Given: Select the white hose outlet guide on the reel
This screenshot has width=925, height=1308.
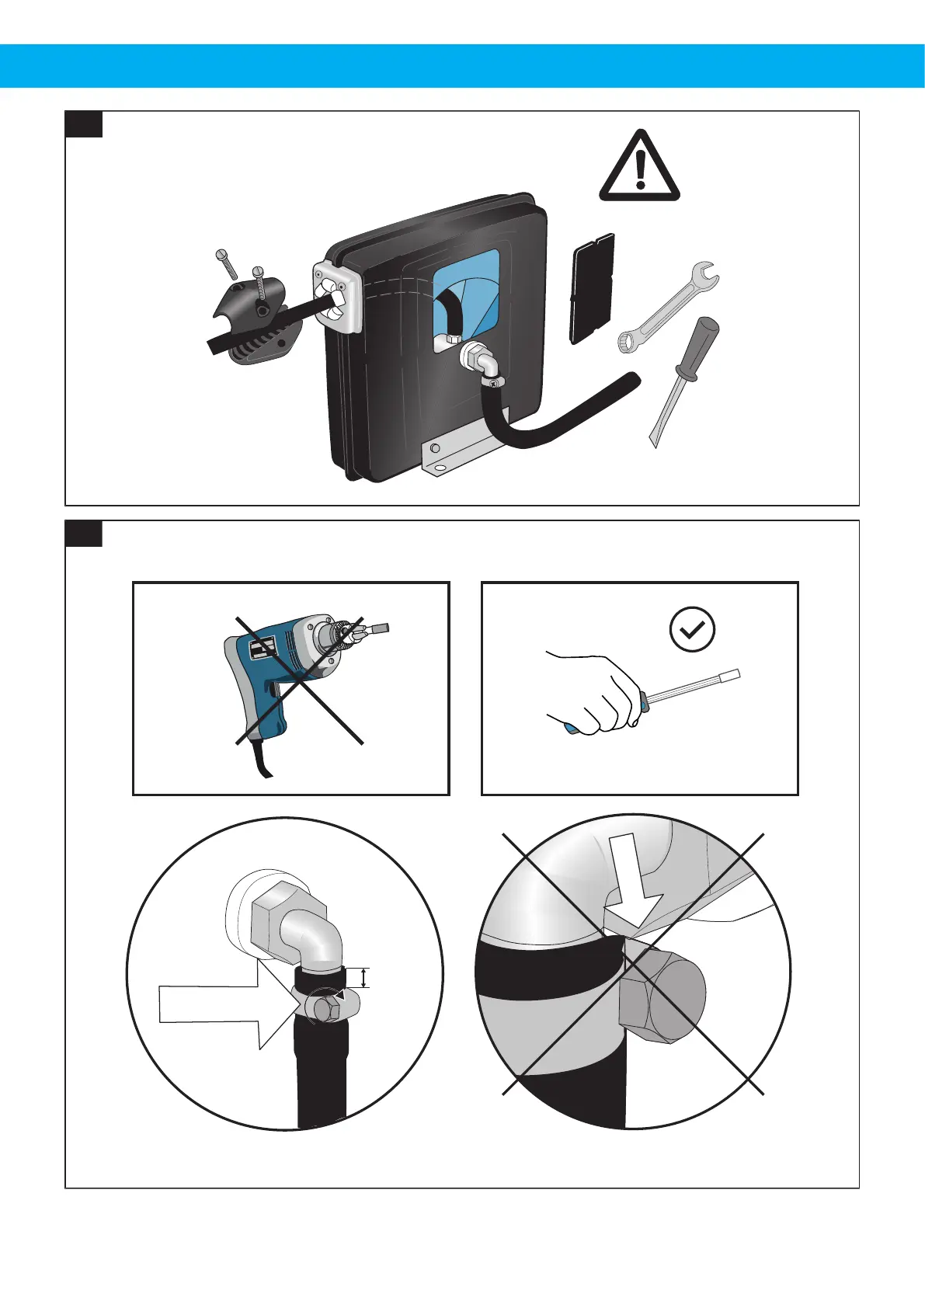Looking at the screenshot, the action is coord(336,297).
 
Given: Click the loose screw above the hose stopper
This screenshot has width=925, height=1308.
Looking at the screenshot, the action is coord(224,262).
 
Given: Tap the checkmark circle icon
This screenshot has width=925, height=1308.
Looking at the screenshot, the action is coord(692,629).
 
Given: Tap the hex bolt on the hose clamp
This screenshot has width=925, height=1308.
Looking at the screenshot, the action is coord(325,1008).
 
